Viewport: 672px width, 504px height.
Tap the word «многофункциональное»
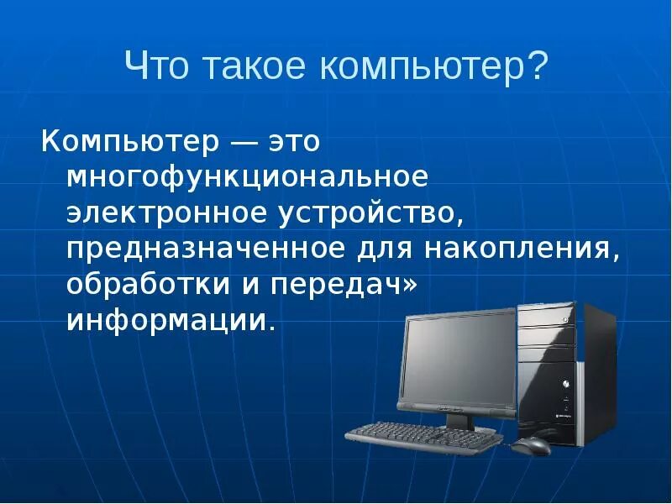coord(248,179)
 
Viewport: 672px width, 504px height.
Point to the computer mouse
coord(533,444)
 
